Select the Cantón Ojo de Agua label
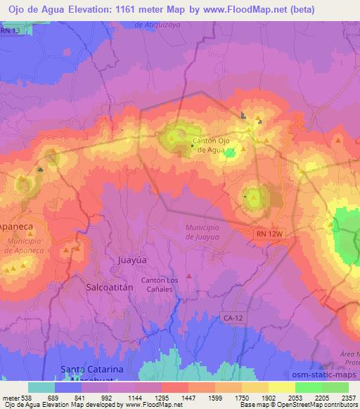pyautogui.click(x=212, y=144)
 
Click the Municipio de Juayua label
pyautogui.click(x=204, y=233)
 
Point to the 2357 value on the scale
pyautogui.click(x=348, y=397)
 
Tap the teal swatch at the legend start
pyautogui.click(x=41, y=387)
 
